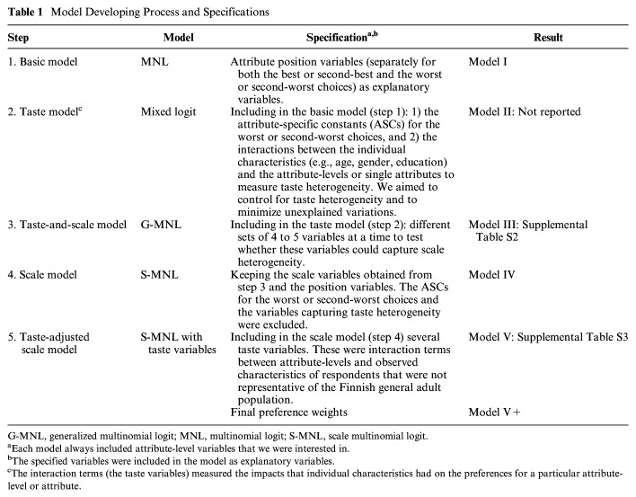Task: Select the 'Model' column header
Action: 180,38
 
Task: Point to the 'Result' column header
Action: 547,38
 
